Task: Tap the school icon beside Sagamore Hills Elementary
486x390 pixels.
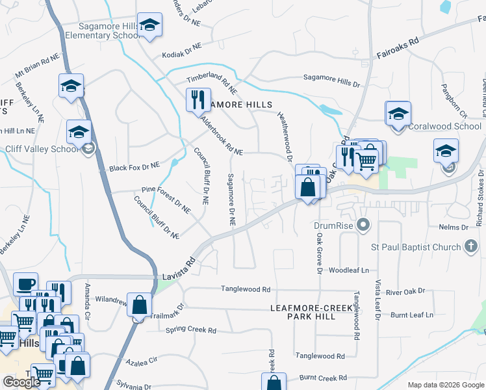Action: coord(149,26)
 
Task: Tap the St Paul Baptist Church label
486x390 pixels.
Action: coord(416,247)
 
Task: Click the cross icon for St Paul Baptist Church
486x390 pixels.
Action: coord(472,246)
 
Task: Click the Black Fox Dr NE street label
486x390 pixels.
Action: coord(134,166)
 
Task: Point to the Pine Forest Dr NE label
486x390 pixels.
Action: coord(166,201)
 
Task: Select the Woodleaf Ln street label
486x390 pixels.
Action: coord(349,269)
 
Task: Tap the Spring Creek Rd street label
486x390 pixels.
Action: coord(191,330)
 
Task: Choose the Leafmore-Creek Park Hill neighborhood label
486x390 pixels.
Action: coord(312,311)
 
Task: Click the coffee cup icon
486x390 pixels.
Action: coord(26,285)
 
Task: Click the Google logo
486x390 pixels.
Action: coord(21,382)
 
